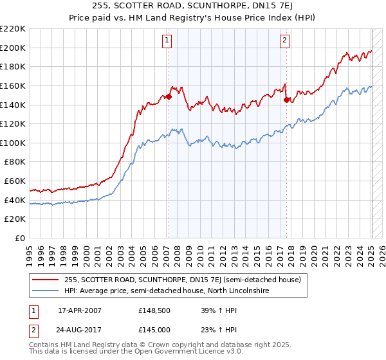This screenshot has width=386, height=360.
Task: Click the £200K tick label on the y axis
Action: tap(14, 48)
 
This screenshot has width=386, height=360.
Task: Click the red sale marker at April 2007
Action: tap(169, 96)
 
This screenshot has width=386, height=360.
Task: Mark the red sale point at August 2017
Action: tap(287, 100)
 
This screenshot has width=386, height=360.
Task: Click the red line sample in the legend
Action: tap(45, 280)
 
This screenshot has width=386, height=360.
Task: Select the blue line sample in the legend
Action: tap(45, 291)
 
